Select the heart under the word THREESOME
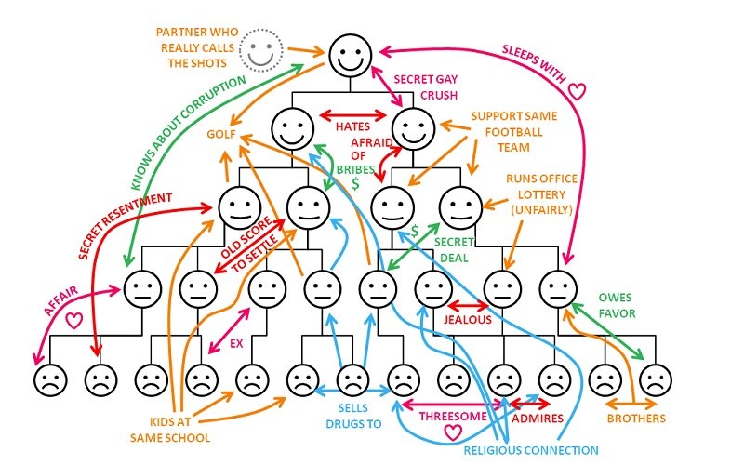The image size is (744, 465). coord(452,432)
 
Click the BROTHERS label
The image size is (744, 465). coord(636,418)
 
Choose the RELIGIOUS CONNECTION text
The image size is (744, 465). coord(531,450)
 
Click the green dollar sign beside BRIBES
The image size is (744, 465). coord(354,183)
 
